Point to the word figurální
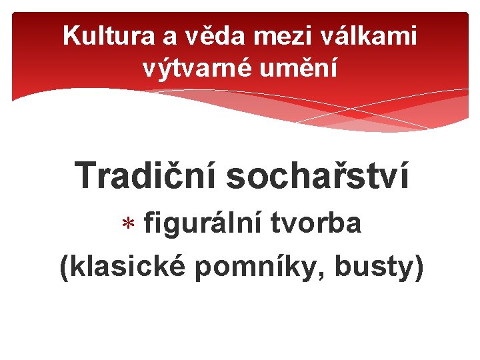[x=204, y=224]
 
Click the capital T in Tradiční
[x=86, y=176]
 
